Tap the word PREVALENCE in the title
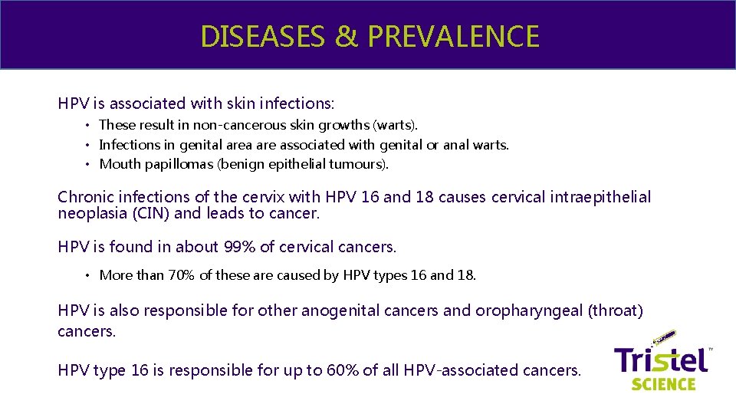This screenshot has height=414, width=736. point(452,36)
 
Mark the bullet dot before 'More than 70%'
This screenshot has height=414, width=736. point(88,275)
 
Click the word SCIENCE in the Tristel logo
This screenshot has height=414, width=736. point(663,383)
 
